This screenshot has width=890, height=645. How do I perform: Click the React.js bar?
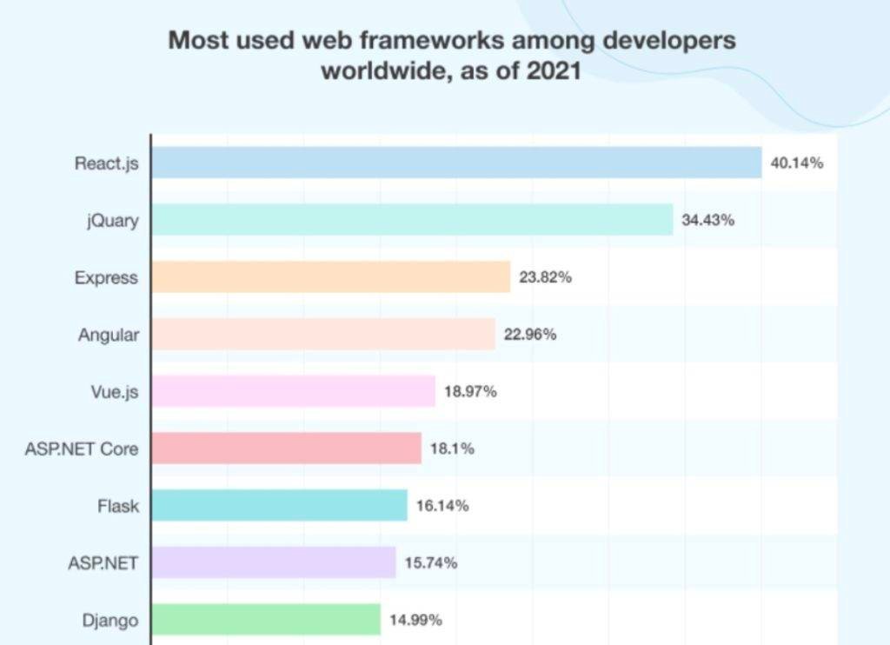coord(456,163)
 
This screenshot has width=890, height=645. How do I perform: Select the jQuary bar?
coord(412,220)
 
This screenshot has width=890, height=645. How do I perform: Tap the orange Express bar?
coord(330,277)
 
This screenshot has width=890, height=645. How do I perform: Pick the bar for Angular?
coord(323,334)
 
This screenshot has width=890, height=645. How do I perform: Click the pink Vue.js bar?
coord(293,391)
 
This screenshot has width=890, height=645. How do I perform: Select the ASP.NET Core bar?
coord(286,449)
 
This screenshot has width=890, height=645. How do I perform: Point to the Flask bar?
coord(279,505)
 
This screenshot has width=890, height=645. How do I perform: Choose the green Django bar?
coord(266,620)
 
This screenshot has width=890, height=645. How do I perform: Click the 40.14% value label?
coord(796,163)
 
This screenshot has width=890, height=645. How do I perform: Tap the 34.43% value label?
coord(707,220)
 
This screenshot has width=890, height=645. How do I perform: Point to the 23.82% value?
coord(545,277)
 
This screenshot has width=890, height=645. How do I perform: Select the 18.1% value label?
coord(452,449)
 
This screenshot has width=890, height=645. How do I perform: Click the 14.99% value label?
coord(415,620)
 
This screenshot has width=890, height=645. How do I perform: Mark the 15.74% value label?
coord(431,562)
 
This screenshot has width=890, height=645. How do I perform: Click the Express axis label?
coord(106,277)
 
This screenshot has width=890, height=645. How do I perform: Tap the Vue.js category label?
coord(114,391)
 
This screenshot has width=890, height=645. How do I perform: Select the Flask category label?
coord(117,505)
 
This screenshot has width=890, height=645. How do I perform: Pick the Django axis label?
coord(110,621)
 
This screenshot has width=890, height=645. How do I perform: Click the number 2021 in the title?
coord(552,70)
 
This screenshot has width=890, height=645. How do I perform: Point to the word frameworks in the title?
coord(433,40)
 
